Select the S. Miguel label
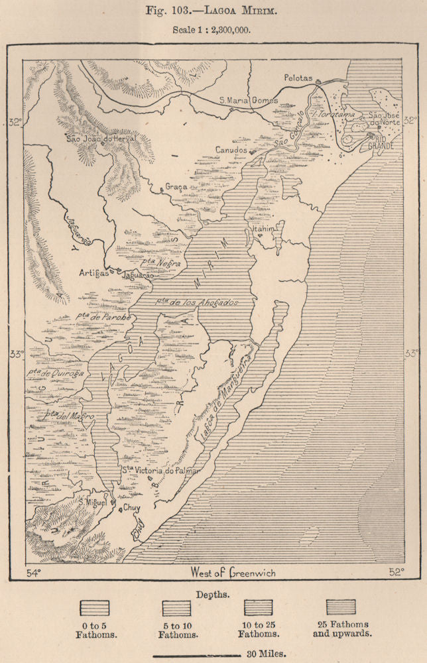point(93,502)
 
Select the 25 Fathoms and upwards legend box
point(341,607)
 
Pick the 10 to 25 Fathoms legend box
point(258,607)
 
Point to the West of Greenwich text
point(232,572)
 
